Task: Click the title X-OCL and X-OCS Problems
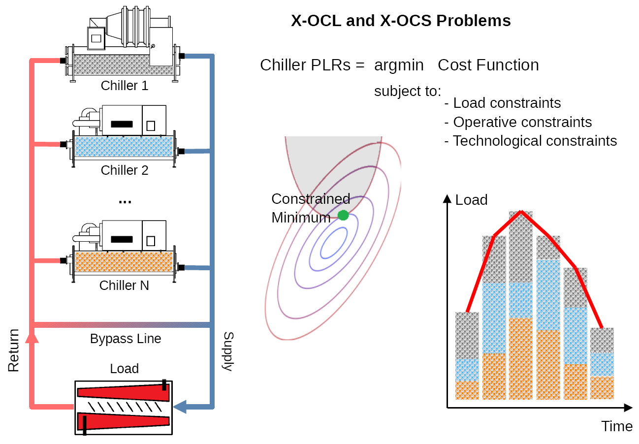(x=401, y=21)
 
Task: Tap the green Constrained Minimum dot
(x=343, y=215)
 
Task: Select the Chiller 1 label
(x=125, y=86)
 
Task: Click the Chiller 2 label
(x=125, y=170)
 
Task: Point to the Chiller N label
(x=124, y=285)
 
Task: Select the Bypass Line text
(x=126, y=339)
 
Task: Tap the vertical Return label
(x=13, y=350)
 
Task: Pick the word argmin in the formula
(x=398, y=65)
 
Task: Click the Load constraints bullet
(x=502, y=103)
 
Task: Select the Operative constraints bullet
(x=517, y=122)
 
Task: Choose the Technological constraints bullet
(x=530, y=141)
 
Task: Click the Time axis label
(x=617, y=426)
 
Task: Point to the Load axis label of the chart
(x=471, y=200)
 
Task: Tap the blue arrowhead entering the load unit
(x=180, y=406)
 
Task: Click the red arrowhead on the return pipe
(x=32, y=337)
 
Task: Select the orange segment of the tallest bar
(x=521, y=358)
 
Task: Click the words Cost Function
(x=488, y=65)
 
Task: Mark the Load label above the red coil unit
(x=124, y=369)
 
